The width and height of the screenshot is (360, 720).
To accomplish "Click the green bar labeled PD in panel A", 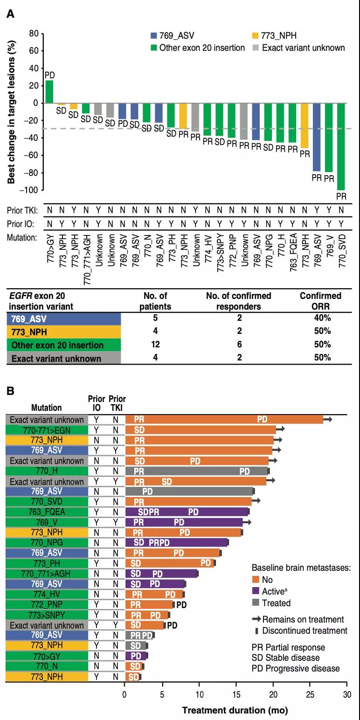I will [x=49, y=92].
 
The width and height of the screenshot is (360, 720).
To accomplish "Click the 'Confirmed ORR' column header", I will [x=320, y=301].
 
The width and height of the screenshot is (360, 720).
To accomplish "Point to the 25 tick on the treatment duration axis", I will [x=310, y=693].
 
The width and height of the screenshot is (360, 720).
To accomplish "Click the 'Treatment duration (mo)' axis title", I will [x=235, y=711].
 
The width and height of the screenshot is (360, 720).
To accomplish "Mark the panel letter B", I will [x=10, y=391].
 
